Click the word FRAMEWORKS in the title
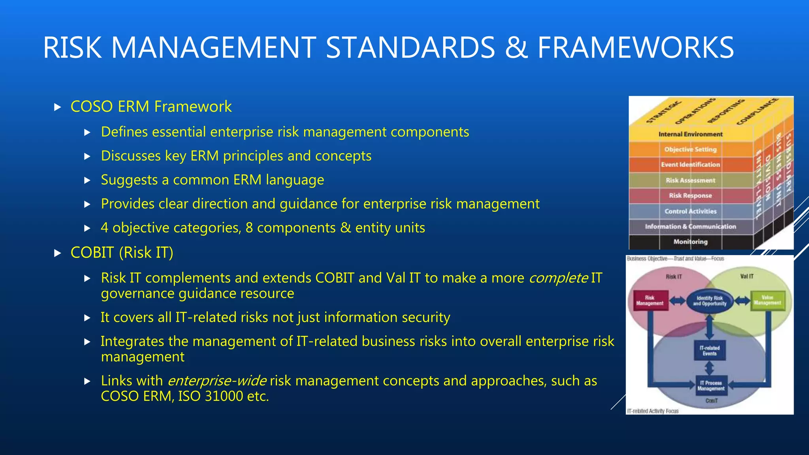[635, 48]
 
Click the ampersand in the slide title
[516, 48]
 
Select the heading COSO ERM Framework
[151, 107]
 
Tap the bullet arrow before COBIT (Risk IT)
[58, 253]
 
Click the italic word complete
[558, 278]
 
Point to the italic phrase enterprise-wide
[217, 381]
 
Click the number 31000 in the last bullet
[224, 396]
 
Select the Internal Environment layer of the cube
[690, 134]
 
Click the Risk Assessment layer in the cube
[690, 180]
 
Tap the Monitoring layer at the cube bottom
[690, 242]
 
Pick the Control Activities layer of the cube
[690, 211]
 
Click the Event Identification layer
[690, 165]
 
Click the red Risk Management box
[650, 301]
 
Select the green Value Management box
[767, 301]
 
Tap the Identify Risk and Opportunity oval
[709, 301]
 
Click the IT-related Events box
[709, 351]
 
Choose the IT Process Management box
[711, 386]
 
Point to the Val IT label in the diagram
[746, 276]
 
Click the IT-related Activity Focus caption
[653, 411]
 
